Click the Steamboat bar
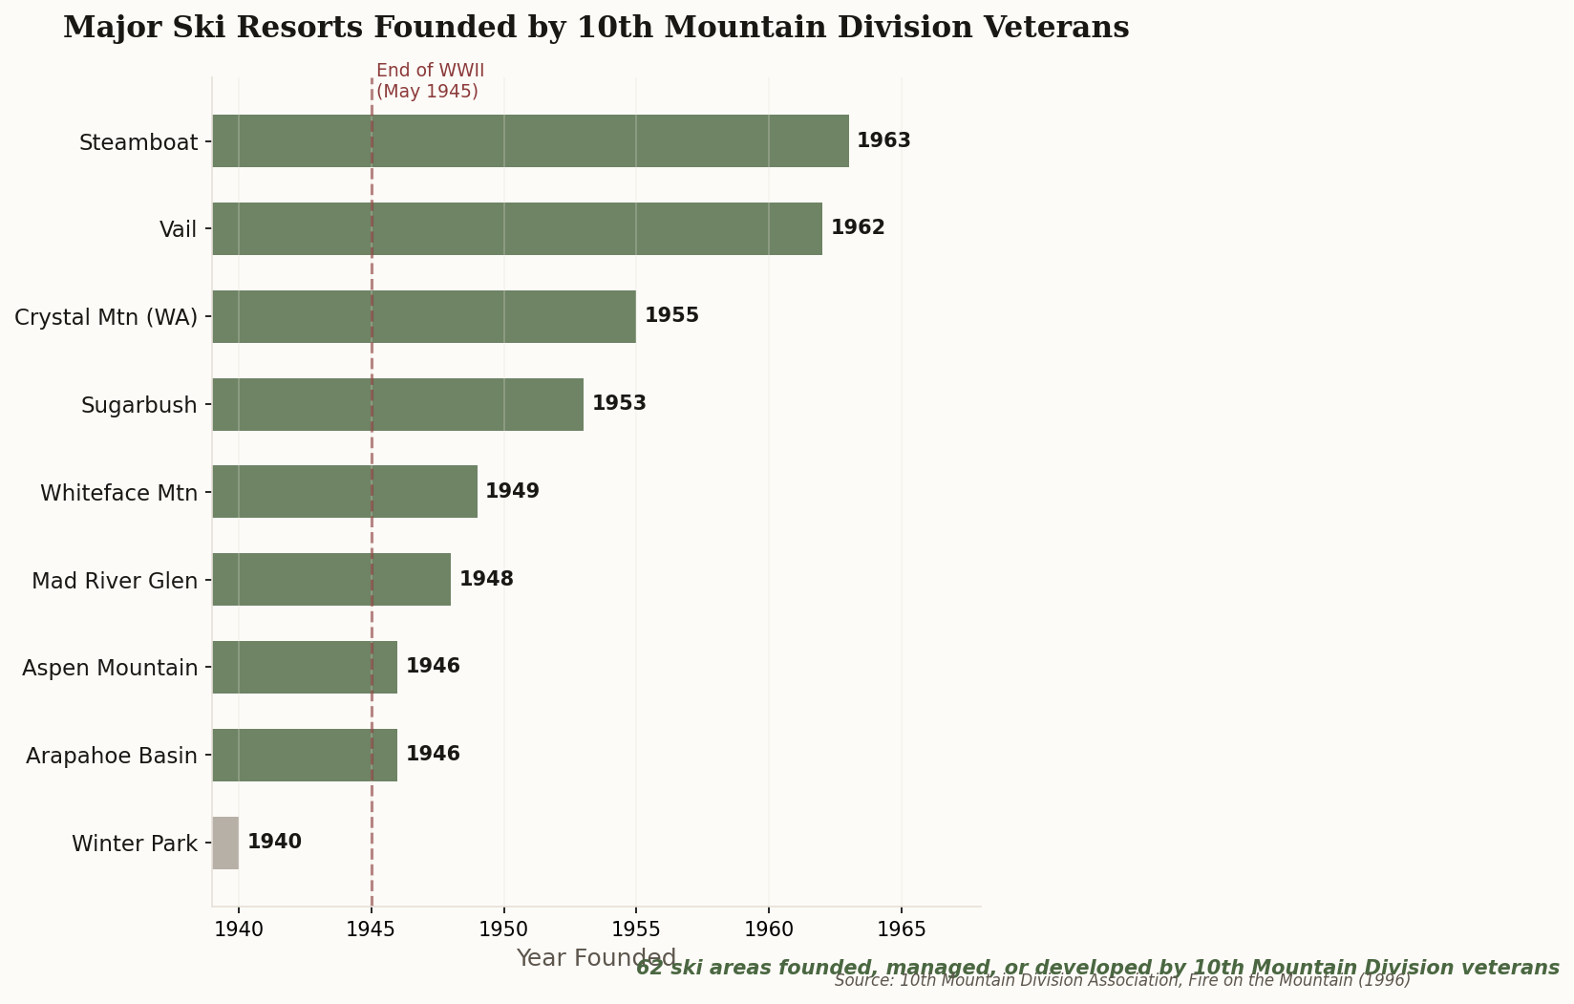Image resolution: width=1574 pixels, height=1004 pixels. (530, 141)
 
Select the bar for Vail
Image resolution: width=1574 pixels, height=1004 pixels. (517, 228)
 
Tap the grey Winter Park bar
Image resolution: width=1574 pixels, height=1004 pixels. (225, 843)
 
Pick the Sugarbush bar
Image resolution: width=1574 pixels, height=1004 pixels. (397, 404)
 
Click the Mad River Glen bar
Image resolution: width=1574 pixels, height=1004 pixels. (331, 579)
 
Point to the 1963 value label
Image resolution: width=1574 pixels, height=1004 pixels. (883, 141)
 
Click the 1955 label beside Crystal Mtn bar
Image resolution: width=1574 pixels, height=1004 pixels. (671, 316)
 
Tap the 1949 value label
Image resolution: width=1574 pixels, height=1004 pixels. (512, 492)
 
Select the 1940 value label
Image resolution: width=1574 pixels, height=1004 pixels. (274, 843)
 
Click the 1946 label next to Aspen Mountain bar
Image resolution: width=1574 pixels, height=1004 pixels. (433, 667)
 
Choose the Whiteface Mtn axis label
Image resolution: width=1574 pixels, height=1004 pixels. (118, 493)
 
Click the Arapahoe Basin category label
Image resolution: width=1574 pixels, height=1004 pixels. (112, 756)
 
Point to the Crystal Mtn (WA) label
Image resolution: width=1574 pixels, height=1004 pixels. (106, 317)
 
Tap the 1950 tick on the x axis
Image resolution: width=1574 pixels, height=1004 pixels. (503, 929)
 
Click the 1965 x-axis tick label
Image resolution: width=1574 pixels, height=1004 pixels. (901, 929)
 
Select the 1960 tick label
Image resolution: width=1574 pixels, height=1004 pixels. (769, 929)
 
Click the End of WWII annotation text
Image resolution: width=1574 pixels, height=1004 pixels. (430, 81)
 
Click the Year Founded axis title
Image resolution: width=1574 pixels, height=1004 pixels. (596, 958)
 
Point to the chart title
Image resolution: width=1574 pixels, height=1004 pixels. (596, 28)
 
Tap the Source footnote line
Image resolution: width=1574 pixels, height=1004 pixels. (1121, 981)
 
